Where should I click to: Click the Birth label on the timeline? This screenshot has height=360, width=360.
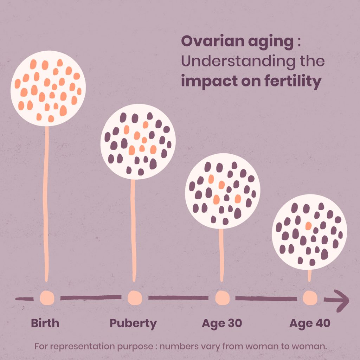point(45,323)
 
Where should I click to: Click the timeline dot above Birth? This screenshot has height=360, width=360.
point(47,298)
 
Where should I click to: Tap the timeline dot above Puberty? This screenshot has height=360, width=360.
point(135,298)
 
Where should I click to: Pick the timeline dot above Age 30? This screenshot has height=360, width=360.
point(223,298)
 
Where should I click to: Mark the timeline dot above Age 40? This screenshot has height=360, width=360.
point(310,298)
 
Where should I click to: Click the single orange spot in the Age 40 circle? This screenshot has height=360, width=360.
point(308,226)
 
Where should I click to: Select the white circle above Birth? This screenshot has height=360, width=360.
point(48,88)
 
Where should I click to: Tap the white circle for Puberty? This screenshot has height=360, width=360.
point(138,142)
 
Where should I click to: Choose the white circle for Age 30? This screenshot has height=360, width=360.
point(223,191)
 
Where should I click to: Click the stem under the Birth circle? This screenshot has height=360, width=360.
point(46,204)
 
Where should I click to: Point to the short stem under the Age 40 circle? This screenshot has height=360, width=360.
point(309,276)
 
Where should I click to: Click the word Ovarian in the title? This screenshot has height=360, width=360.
point(213,41)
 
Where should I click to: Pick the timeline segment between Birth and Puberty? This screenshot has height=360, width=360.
point(91,297)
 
